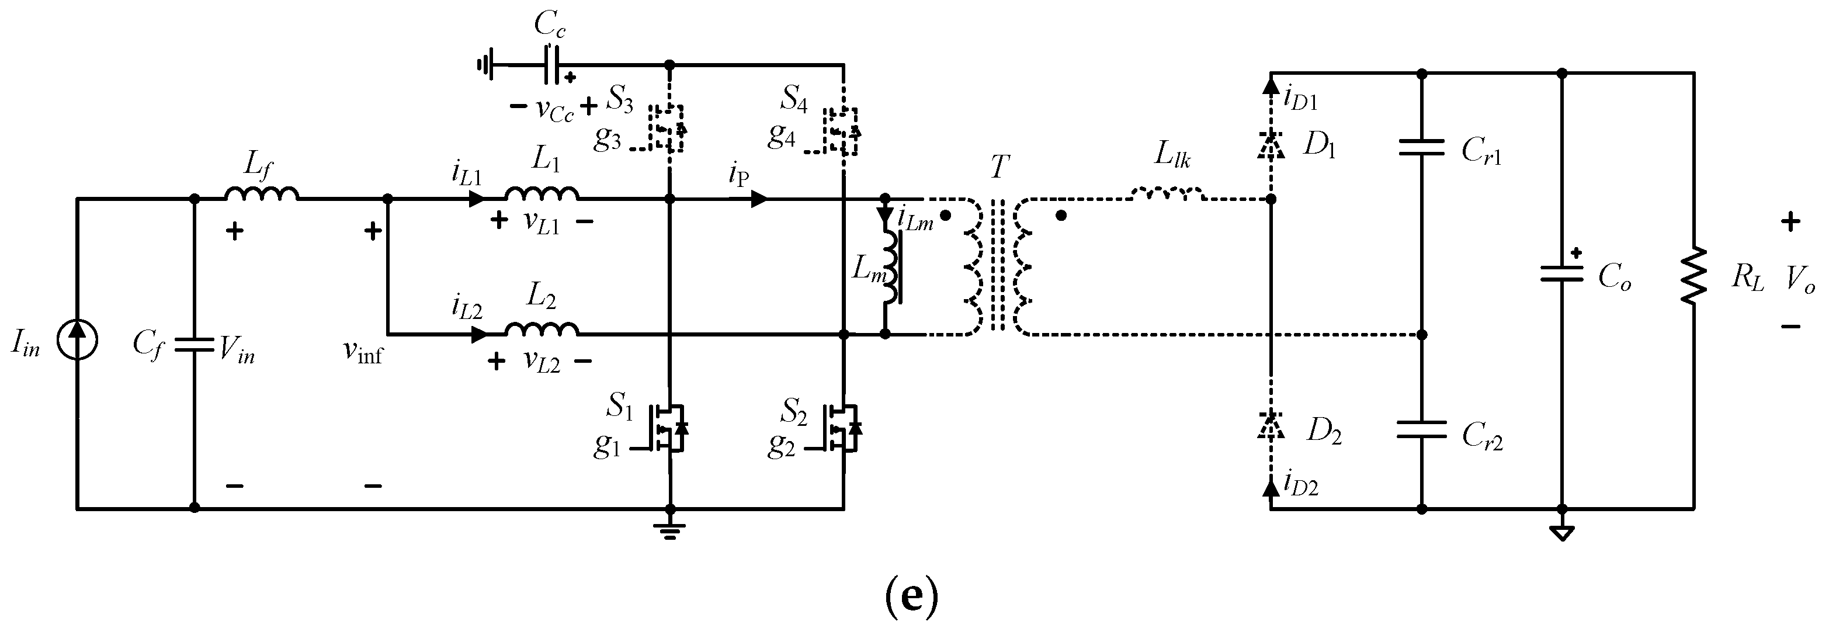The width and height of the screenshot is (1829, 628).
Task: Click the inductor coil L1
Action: (542, 194)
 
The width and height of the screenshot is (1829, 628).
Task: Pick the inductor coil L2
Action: (542, 328)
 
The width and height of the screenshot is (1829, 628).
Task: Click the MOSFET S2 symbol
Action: (843, 428)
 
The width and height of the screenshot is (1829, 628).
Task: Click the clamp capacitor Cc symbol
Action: (551, 65)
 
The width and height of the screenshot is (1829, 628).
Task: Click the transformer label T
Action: (999, 168)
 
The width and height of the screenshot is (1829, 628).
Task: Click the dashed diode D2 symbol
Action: (1270, 426)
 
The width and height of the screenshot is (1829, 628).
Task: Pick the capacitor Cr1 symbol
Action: (1421, 147)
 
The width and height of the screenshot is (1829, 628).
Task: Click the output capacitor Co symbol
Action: (1561, 273)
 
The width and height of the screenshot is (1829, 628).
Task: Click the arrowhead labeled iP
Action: (758, 199)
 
